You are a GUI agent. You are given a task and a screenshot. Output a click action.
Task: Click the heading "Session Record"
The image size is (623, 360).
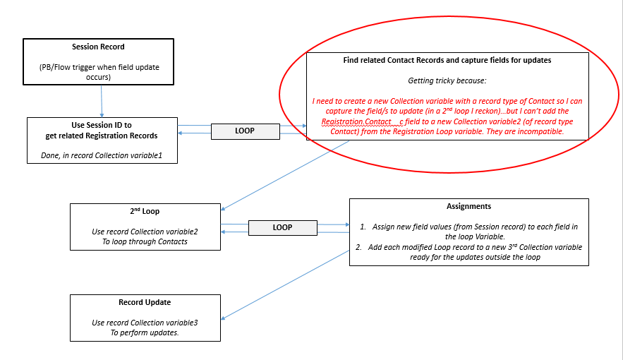click(x=98, y=47)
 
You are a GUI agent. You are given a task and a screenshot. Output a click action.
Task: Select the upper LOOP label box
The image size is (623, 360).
click(x=244, y=131)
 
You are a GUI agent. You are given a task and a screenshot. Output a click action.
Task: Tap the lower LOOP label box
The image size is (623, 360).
click(x=282, y=227)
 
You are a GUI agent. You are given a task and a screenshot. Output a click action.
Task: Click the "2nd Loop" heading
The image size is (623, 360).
click(x=145, y=211)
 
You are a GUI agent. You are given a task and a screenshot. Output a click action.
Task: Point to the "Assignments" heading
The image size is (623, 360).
click(x=468, y=207)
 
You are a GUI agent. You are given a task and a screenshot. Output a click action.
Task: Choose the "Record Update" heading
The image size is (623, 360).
click(x=145, y=302)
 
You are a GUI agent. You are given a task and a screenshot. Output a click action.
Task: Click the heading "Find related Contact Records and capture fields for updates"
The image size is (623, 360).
click(x=447, y=61)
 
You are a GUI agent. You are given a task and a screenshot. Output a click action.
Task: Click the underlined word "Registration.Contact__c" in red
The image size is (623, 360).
click(x=359, y=122)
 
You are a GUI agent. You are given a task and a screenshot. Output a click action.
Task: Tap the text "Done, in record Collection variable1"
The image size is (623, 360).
click(x=102, y=155)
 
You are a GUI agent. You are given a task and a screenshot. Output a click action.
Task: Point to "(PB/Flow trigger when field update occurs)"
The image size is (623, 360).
click(x=98, y=71)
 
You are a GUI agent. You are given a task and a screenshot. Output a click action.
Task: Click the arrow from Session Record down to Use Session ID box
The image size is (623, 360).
click(x=102, y=100)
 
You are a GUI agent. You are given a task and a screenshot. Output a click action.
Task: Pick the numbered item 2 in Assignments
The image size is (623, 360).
click(x=468, y=252)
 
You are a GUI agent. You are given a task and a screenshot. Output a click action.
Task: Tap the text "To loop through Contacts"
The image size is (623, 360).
click(x=145, y=241)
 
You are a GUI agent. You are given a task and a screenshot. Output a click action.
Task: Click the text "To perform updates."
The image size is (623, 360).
click(x=145, y=332)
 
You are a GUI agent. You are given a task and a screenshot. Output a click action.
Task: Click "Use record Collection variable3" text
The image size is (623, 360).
click(x=145, y=323)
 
